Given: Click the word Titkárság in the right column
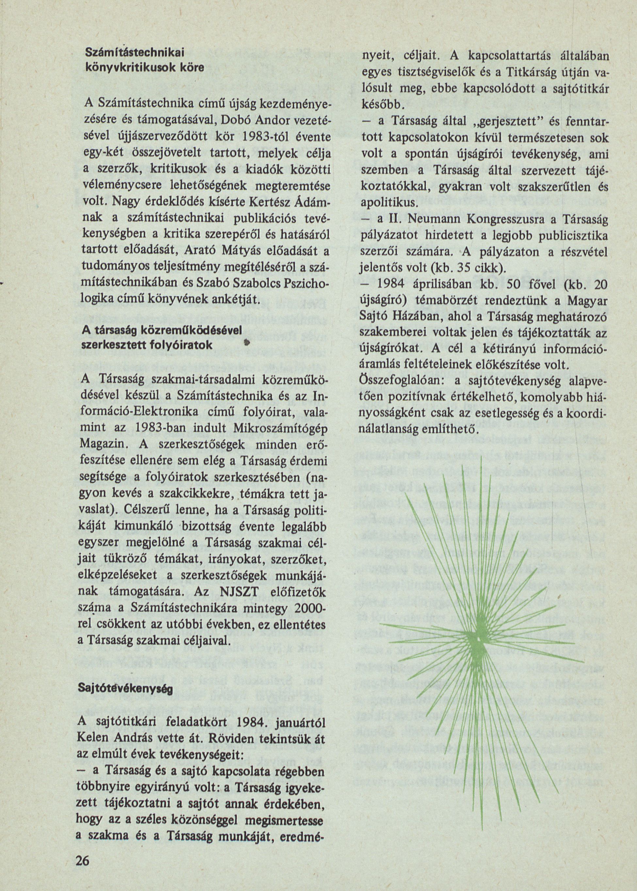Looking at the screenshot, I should [530, 73].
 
